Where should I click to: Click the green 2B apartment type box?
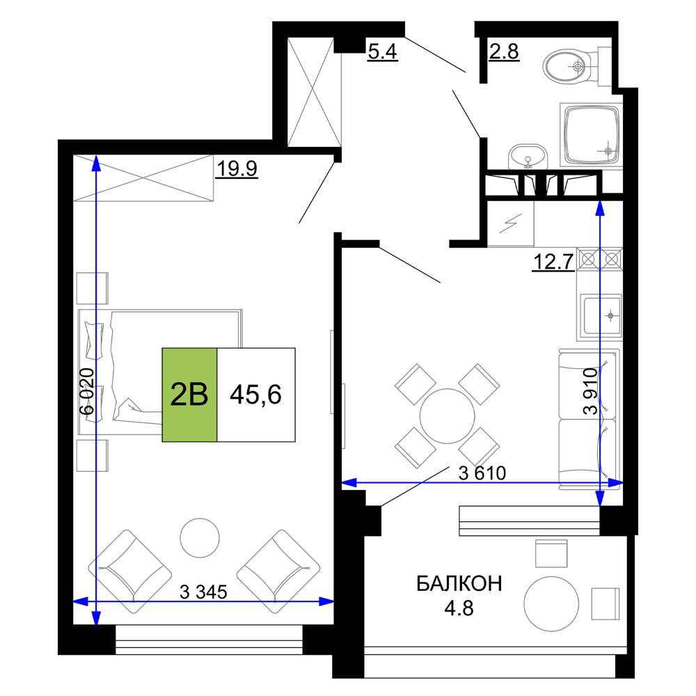click(x=189, y=395)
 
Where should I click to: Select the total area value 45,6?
click(x=255, y=394)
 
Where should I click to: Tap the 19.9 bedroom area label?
click(x=237, y=168)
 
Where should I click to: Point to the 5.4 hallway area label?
click(x=382, y=52)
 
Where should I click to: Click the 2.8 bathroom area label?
click(x=504, y=52)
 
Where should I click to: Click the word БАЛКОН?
click(x=459, y=584)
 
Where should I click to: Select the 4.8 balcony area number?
click(x=459, y=608)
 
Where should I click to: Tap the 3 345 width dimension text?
click(x=203, y=592)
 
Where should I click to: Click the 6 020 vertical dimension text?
click(x=87, y=391)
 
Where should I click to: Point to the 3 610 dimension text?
click(x=482, y=473)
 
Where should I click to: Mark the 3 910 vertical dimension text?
click(x=591, y=391)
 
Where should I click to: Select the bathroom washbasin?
click(x=528, y=156)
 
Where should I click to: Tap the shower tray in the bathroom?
click(x=591, y=136)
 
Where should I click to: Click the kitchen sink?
click(x=602, y=316)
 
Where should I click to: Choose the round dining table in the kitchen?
click(x=447, y=416)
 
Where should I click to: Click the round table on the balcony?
click(x=551, y=603)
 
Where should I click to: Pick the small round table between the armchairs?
click(x=200, y=537)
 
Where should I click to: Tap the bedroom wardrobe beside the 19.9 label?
click(x=143, y=177)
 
